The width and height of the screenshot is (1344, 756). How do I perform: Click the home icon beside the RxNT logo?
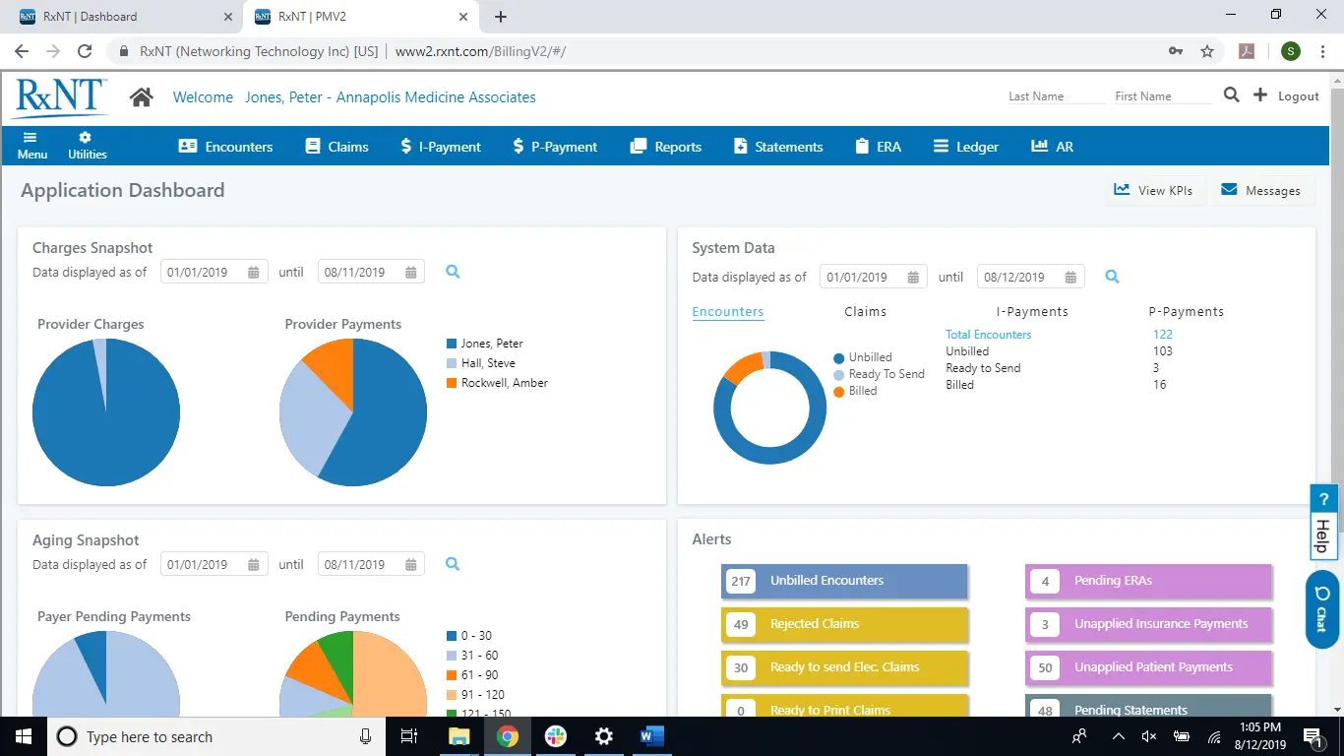(x=142, y=96)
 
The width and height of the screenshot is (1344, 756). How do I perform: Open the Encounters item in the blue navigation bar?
(x=225, y=147)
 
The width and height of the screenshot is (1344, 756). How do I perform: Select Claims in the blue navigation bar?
(x=336, y=147)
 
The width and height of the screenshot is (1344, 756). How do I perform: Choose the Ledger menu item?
(x=966, y=147)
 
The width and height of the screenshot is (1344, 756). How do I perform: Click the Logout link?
(x=1298, y=96)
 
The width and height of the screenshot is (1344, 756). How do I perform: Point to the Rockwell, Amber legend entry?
(x=504, y=383)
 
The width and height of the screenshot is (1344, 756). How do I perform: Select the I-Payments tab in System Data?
(x=1032, y=312)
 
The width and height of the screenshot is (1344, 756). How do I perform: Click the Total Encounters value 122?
(x=1162, y=335)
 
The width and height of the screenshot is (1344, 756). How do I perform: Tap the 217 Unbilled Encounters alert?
(x=844, y=581)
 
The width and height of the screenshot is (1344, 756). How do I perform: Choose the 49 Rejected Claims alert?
(x=844, y=624)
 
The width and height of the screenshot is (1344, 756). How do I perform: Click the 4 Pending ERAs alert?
(x=1148, y=581)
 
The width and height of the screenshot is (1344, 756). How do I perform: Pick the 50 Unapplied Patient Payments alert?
(x=1148, y=667)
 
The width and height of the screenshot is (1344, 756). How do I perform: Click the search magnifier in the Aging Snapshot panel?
(x=453, y=564)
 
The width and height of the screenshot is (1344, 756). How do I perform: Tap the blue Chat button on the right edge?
(x=1321, y=609)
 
